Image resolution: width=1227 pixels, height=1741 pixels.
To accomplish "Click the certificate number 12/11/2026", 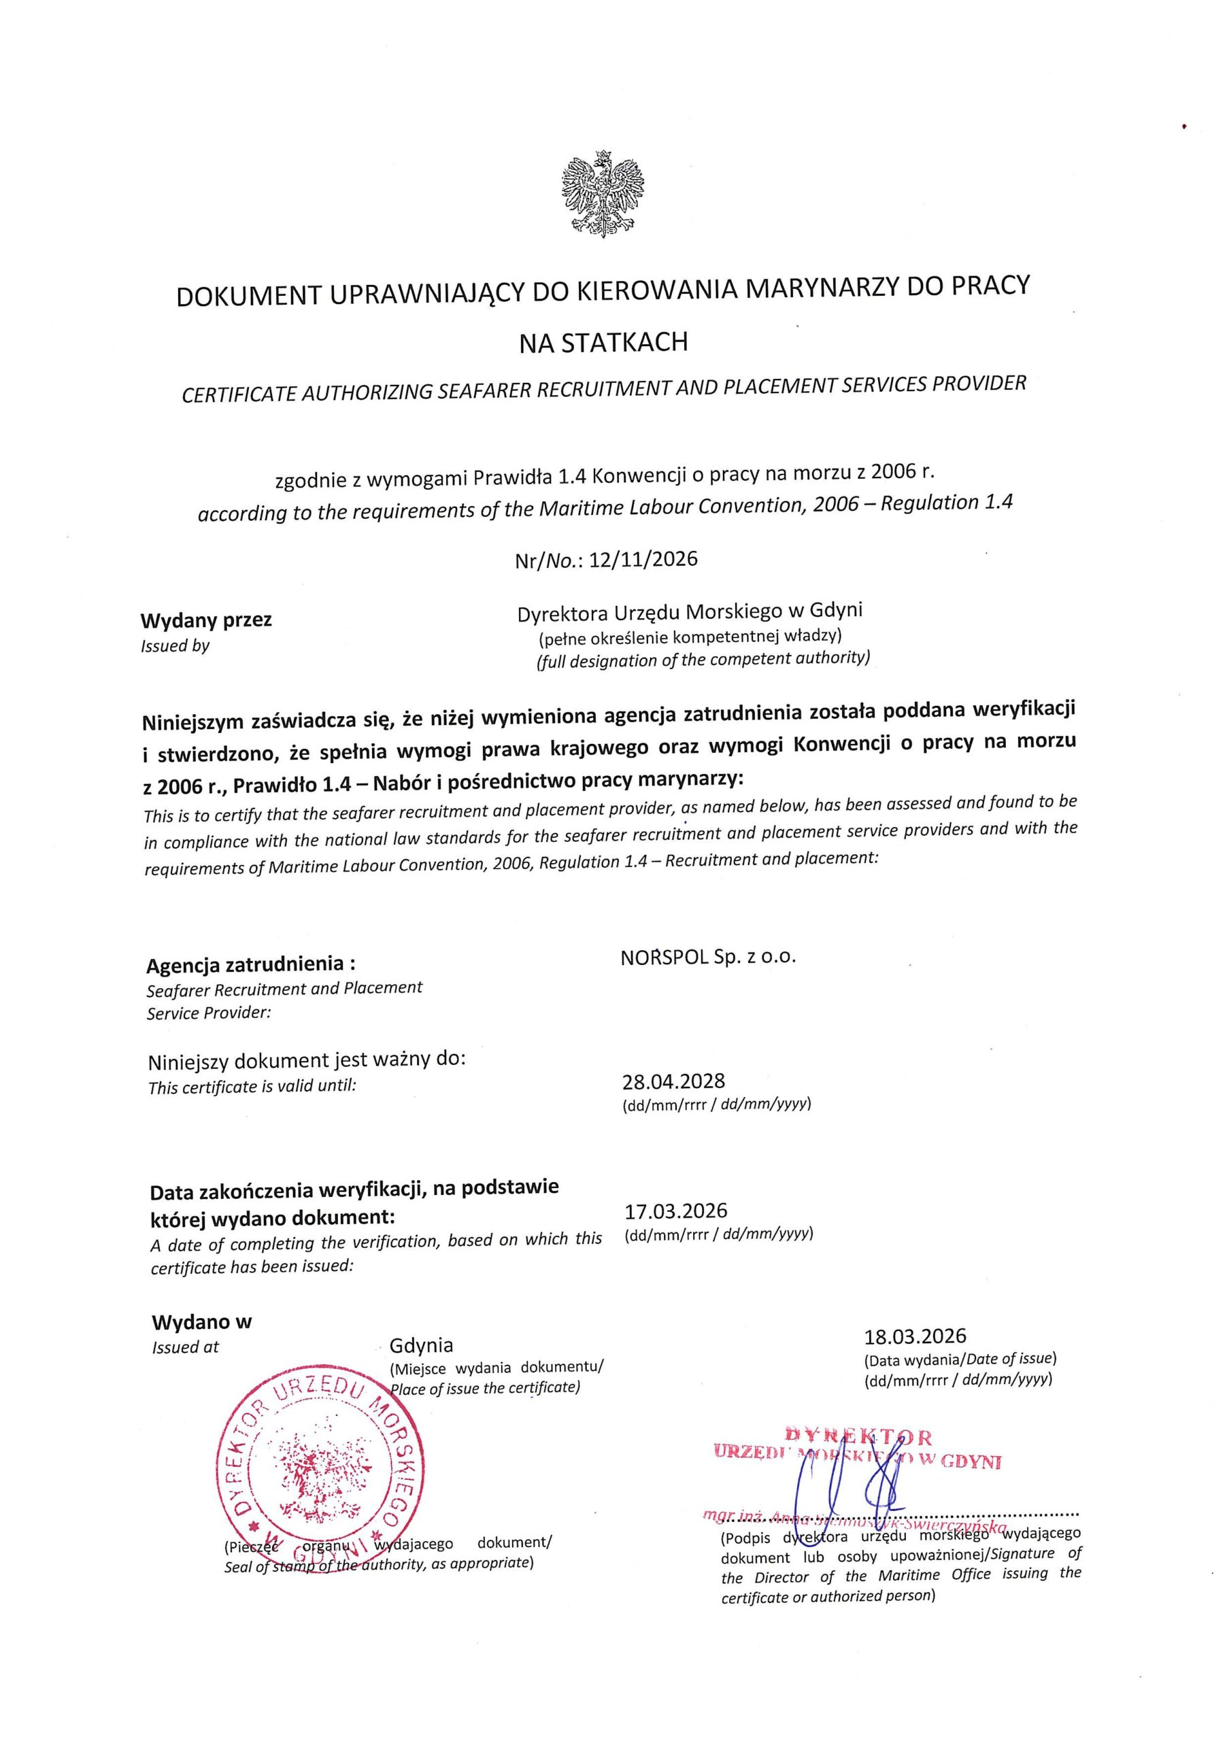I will [x=643, y=560].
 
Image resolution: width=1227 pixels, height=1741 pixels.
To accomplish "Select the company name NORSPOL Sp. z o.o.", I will [x=707, y=957].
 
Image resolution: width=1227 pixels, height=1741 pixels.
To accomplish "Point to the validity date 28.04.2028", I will [x=673, y=1081].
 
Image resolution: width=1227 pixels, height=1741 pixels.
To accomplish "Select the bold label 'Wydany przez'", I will [x=206, y=620].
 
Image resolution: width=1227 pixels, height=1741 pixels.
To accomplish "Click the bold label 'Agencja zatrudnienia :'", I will [x=251, y=965].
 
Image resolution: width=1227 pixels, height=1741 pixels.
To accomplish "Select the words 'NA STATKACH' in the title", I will [x=604, y=343].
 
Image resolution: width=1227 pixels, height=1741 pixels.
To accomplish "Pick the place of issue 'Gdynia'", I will [x=421, y=1346].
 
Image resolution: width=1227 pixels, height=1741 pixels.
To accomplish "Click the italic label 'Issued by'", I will [x=175, y=647].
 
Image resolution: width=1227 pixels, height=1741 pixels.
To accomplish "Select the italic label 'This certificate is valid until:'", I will [x=252, y=1087].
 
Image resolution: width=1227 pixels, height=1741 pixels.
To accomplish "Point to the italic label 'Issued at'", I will [x=186, y=1347].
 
